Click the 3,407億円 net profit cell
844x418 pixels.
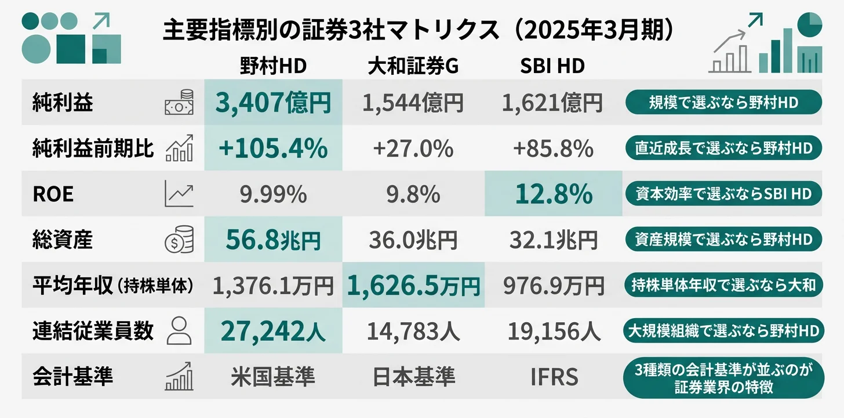point(273,103)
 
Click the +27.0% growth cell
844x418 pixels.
point(413,149)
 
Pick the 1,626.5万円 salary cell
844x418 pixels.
point(413,285)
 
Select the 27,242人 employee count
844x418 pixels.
point(273,331)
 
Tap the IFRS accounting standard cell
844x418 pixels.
point(554,377)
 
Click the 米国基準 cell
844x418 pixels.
point(273,377)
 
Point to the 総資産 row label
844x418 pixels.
point(63,240)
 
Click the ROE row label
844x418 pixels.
point(53,194)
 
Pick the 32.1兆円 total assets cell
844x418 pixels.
point(554,240)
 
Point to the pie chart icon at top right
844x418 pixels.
point(810,24)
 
